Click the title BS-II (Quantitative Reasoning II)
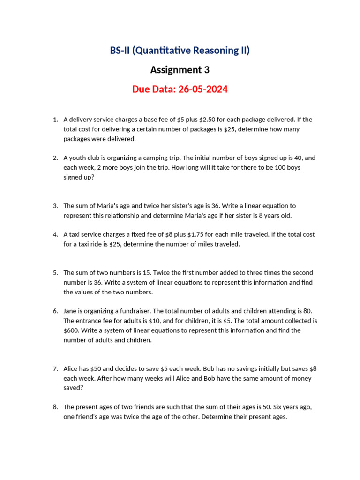180,51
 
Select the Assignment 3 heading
180,70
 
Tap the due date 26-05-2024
202,89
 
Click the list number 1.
55,120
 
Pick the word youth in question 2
78,158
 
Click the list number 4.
55,234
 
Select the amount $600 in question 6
71,330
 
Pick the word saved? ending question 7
73,388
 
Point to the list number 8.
55,407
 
